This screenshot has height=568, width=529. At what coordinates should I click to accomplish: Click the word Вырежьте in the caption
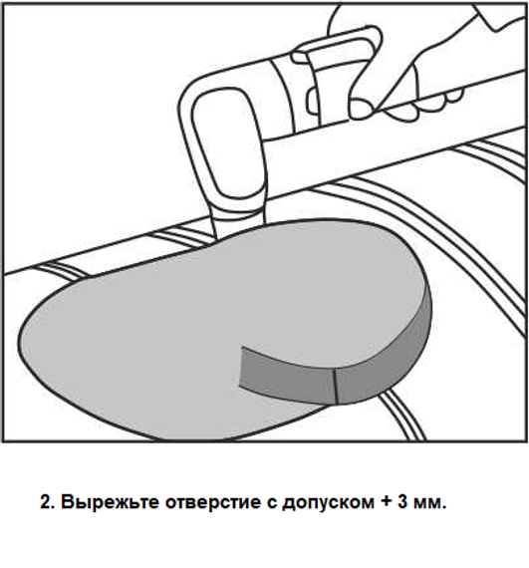point(110,502)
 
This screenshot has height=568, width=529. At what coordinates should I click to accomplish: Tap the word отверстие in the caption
point(212,502)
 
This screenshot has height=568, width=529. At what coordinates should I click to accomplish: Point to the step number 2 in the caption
point(47,502)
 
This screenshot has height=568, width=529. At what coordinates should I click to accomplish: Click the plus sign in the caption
point(387,502)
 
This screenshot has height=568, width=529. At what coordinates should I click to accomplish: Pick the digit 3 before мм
point(402,502)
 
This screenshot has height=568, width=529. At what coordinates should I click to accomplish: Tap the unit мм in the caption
point(428,504)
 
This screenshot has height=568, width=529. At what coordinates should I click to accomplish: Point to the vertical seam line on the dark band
point(336,387)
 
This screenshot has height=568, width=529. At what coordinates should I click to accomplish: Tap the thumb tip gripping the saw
point(362,109)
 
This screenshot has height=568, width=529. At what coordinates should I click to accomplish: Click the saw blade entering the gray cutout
point(238,224)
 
